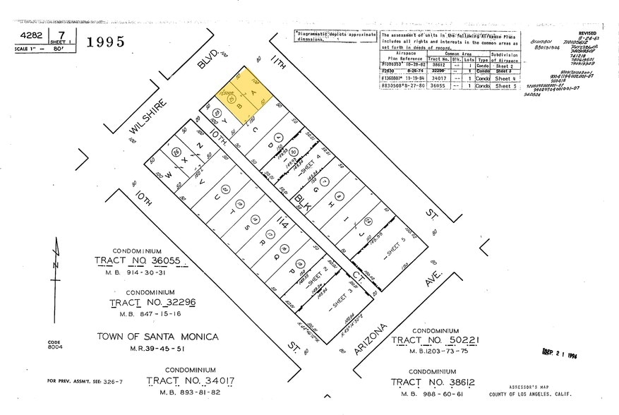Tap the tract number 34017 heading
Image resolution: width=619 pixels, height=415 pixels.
[190, 382]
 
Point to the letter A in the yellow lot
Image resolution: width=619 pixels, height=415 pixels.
[247, 100]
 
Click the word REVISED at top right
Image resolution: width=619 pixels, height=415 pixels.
[587, 32]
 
